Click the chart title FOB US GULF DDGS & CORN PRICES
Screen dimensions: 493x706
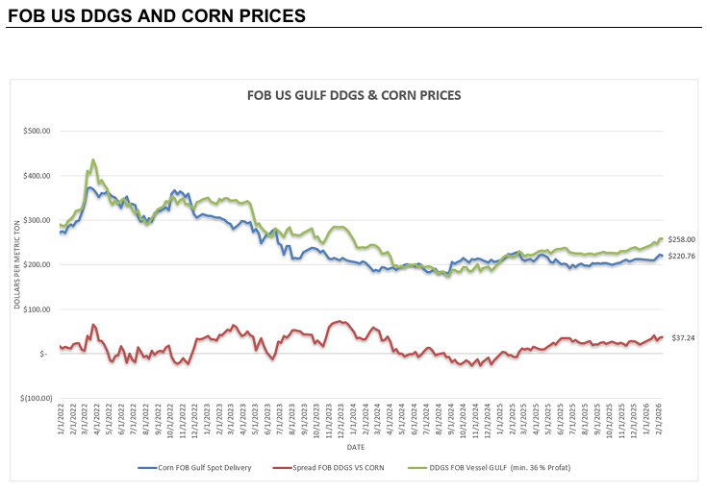click(x=354, y=95)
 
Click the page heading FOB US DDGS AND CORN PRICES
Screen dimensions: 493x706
click(x=156, y=16)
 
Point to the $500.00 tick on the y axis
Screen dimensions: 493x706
click(x=36, y=132)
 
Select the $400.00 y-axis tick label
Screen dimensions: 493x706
click(x=36, y=176)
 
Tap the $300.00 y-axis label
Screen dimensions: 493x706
click(x=36, y=220)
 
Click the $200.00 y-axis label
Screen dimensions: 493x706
click(x=36, y=264)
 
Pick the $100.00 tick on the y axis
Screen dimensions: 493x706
click(x=36, y=309)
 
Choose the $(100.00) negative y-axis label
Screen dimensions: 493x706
click(x=35, y=398)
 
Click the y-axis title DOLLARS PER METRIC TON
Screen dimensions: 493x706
click(x=17, y=264)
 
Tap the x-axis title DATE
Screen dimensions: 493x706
click(x=356, y=448)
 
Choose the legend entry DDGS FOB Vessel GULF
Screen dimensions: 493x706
click(x=502, y=468)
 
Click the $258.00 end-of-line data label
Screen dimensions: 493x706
click(x=682, y=239)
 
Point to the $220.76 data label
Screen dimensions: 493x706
click(x=682, y=256)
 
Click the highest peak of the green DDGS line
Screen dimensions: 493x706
click(x=92, y=160)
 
